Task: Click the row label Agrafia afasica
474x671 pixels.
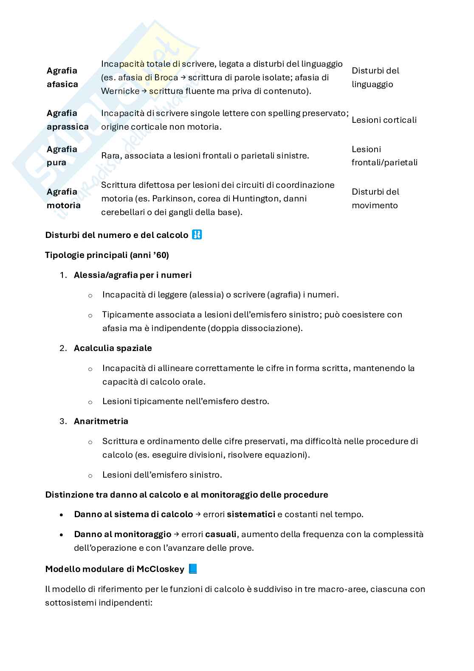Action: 62,77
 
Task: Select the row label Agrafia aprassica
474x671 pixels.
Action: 68,120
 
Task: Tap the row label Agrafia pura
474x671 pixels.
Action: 62,156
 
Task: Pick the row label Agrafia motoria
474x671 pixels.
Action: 64,198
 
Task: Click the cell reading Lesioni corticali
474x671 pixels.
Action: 384,120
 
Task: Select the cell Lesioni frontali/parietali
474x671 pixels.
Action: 384,156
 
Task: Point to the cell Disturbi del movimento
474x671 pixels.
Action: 375,198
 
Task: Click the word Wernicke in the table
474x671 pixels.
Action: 120,91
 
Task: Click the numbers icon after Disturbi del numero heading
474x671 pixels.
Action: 197,235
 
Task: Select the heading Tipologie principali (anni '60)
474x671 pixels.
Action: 107,255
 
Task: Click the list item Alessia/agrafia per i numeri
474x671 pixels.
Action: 133,275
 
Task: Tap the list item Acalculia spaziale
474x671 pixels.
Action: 113,348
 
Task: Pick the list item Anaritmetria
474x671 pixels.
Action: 101,421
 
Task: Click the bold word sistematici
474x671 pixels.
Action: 251,514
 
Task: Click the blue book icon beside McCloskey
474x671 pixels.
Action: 193,569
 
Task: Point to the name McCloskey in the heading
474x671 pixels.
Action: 160,569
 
